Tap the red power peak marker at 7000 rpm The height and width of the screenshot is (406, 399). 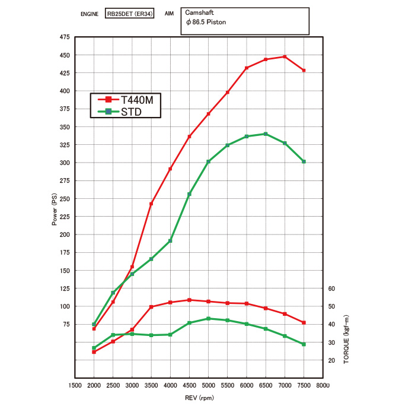click(285, 57)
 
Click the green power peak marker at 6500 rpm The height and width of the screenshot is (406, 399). click(266, 134)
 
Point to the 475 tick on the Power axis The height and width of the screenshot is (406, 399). click(63, 37)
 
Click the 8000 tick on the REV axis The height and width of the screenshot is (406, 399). click(323, 385)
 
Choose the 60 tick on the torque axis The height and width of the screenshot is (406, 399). click(332, 288)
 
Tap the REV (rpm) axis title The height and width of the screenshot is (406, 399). click(199, 398)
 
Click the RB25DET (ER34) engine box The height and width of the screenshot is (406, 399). click(130, 12)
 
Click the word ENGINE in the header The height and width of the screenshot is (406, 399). click(90, 12)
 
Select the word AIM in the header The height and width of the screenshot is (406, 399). click(169, 12)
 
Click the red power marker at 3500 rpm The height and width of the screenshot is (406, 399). click(151, 204)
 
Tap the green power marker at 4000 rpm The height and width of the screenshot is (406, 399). click(170, 240)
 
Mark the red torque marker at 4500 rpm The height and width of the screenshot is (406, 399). click(189, 300)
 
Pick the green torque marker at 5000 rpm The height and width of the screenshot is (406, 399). click(208, 319)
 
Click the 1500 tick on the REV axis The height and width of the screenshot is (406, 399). click(75, 385)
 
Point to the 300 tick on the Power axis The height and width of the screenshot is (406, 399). click(63, 163)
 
